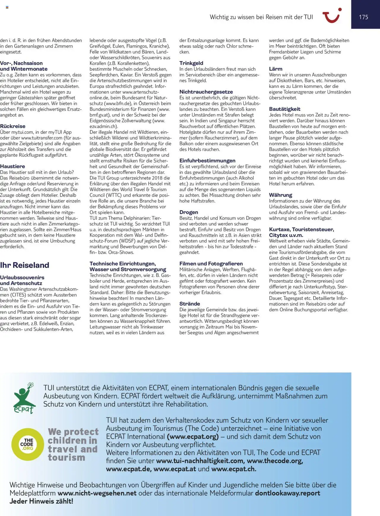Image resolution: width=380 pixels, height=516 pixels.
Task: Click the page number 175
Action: pyautogui.click(x=363, y=17)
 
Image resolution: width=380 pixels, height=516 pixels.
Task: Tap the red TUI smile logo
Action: pyautogui.click(x=332, y=16)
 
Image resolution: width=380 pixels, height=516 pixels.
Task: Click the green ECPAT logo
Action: pyautogui.click(x=24, y=398)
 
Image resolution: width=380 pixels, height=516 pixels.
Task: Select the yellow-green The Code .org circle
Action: pyautogui.click(x=27, y=444)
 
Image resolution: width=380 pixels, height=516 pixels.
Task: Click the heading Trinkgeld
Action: pyautogui.click(x=191, y=63)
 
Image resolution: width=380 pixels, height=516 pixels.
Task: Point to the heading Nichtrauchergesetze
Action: pyautogui.click(x=206, y=92)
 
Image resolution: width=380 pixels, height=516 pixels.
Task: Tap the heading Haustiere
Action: pyautogui.click(x=12, y=166)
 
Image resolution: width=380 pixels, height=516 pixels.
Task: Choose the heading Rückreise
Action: pyautogui.click(x=13, y=126)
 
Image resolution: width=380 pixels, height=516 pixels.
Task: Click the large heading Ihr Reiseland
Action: pyautogui.click(x=25, y=265)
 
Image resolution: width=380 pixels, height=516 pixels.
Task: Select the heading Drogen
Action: pyautogui.click(x=189, y=212)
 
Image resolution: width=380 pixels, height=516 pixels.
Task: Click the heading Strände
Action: pyautogui.click(x=189, y=304)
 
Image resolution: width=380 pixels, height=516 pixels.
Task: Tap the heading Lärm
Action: pyautogui.click(x=275, y=69)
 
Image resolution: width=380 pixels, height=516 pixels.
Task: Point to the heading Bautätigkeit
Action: pyautogui.click(x=285, y=109)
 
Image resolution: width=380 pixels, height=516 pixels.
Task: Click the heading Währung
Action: pyautogui.click(x=281, y=195)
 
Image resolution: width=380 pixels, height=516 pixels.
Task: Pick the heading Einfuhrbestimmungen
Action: pyautogui.click(x=207, y=160)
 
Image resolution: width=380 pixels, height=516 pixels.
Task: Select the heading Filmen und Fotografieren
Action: pyautogui.click(x=211, y=263)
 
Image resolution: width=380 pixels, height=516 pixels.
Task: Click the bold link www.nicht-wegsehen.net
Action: pyautogui.click(x=97, y=493)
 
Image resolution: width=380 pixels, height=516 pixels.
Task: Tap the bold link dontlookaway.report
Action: pyautogui.click(x=287, y=493)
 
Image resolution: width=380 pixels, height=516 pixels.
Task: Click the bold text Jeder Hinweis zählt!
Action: pyautogui.click(x=41, y=501)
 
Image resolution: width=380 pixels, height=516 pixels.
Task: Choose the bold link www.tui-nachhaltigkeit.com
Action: pyautogui.click(x=199, y=461)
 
